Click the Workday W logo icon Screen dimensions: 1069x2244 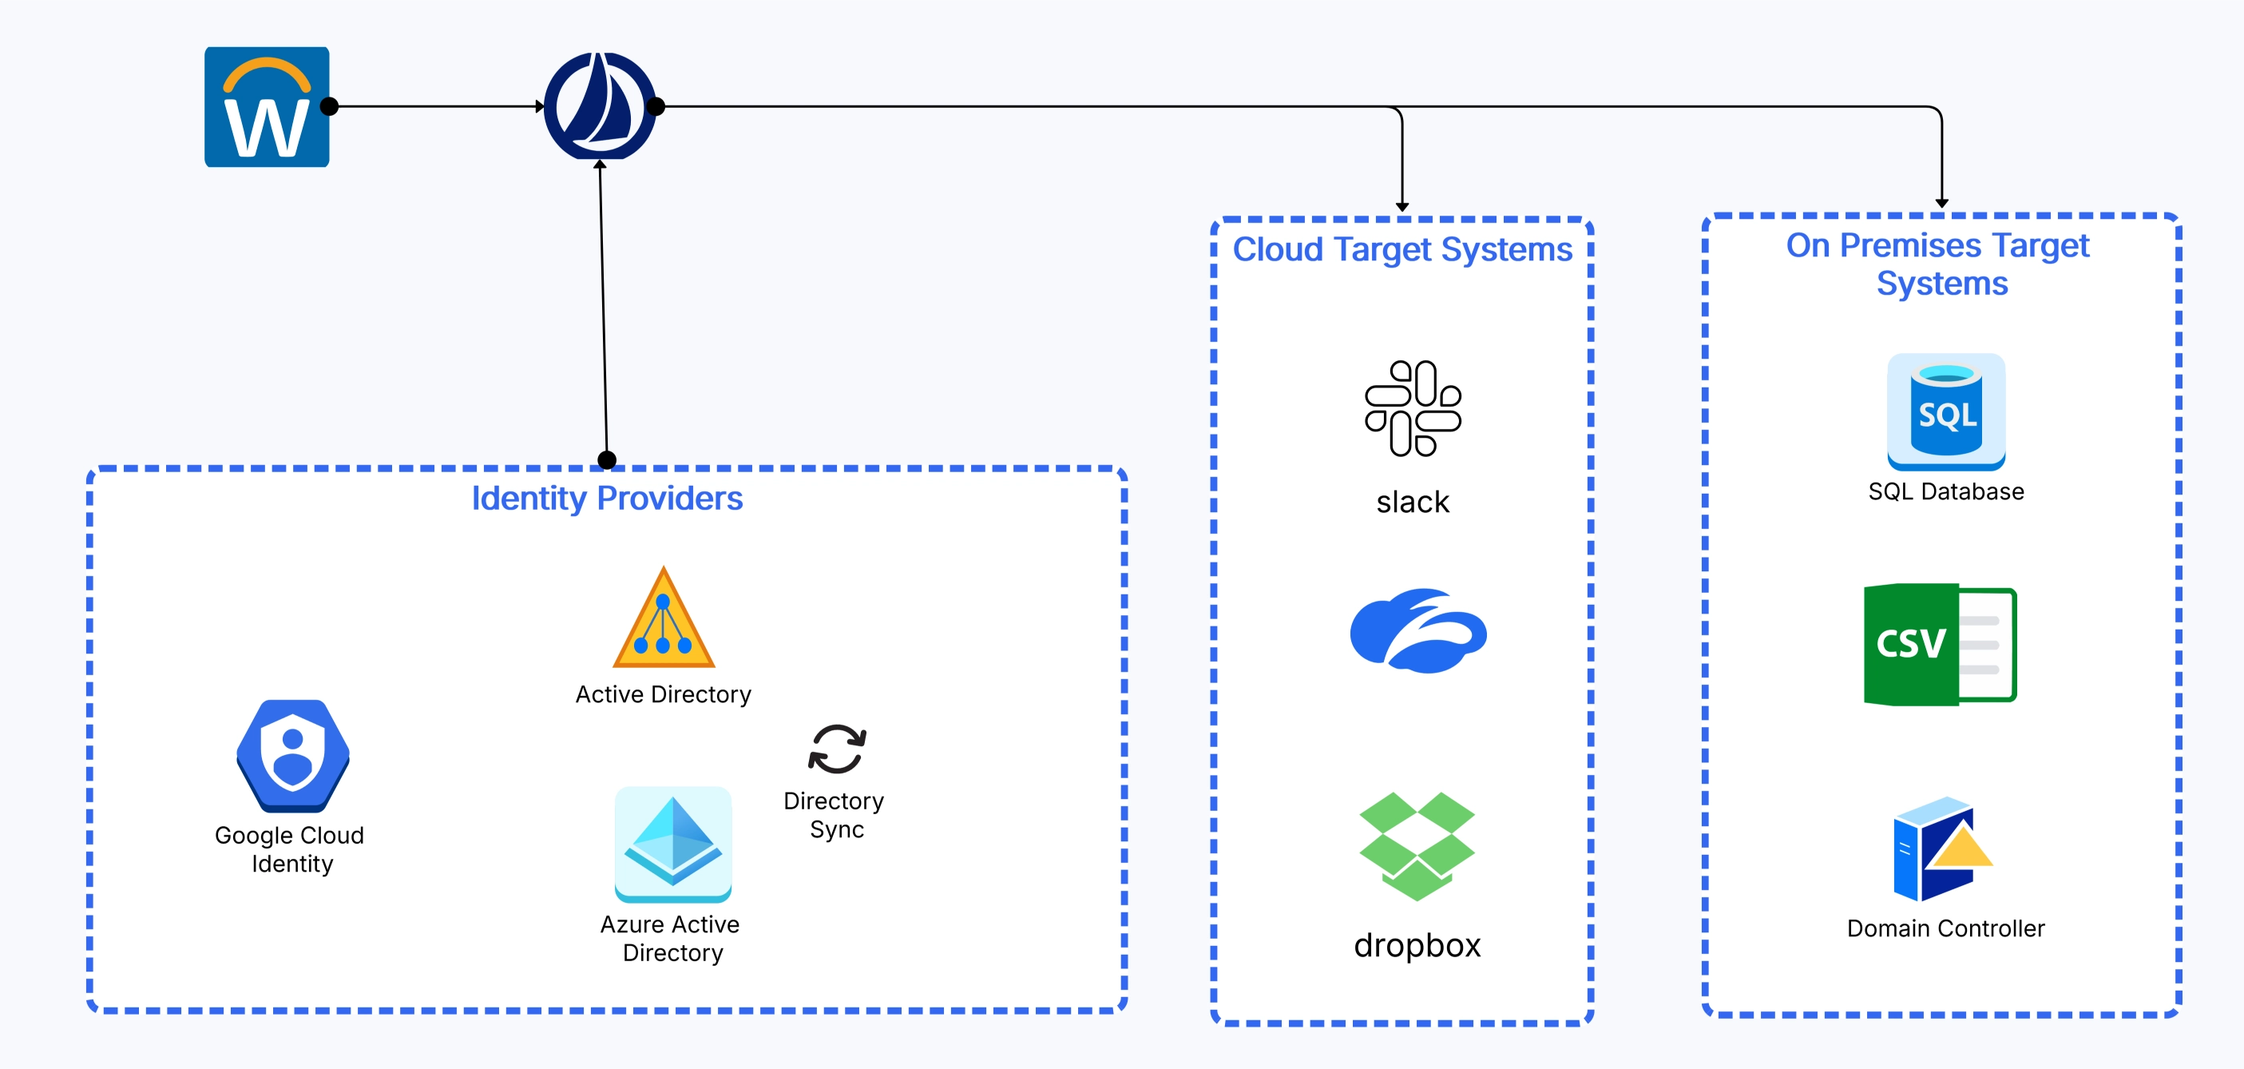267,107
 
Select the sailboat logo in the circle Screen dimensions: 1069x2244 599,106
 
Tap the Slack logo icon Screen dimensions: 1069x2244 1412,407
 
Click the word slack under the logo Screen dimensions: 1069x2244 1412,503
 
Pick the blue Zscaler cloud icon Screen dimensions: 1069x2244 1417,630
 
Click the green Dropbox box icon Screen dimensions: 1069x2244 1417,845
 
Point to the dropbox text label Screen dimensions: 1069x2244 1417,945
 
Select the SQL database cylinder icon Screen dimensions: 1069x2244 1945,411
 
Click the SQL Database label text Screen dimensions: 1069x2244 1945,492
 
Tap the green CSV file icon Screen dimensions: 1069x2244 1939,644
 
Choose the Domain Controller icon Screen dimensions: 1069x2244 1941,849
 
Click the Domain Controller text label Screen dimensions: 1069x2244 1945,928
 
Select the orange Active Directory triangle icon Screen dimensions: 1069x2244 664,620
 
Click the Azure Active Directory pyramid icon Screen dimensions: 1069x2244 672,844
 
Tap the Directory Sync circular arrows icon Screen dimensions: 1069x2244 836,749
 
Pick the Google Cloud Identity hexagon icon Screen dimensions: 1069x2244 293,755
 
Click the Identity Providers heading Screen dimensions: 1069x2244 606,499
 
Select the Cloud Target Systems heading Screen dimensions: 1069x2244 1402,250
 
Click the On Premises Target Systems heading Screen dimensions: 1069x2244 1939,264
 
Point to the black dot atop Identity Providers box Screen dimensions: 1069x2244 607,460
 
